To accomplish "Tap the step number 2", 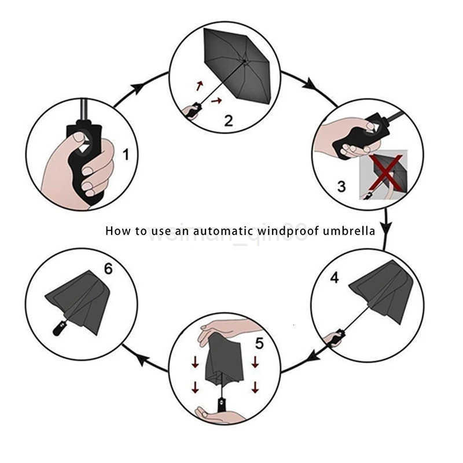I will pos(229,120).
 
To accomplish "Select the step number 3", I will pos(341,186).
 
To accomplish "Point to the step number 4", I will pos(334,278).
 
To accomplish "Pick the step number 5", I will pos(259,343).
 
